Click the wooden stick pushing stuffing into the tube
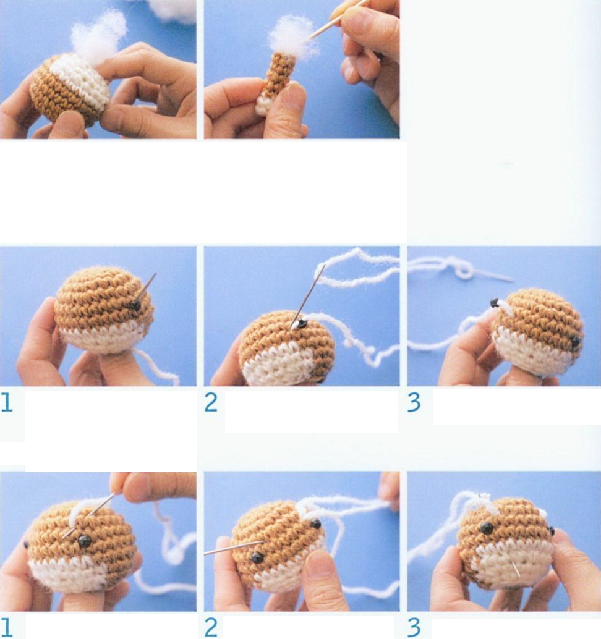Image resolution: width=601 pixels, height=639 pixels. pos(338,20)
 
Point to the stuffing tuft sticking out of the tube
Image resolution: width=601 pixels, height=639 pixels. pos(292,37)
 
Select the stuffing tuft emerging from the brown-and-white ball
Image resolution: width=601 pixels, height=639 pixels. pos(98,36)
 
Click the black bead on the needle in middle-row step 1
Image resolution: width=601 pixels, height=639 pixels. pos(136,305)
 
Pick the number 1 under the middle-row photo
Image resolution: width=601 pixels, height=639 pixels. pos(7,403)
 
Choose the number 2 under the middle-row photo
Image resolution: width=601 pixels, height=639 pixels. pos(211,403)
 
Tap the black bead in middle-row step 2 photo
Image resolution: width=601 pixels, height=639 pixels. pos(302,324)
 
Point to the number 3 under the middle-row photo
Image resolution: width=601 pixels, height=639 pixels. pos(414,403)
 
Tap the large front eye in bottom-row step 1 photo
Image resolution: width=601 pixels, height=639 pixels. pos(85,541)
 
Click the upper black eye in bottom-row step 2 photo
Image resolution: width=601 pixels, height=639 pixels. pos(315,523)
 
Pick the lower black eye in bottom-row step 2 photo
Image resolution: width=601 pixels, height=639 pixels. pos(257,557)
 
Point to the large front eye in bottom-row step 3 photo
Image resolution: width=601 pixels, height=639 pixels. pos(487,528)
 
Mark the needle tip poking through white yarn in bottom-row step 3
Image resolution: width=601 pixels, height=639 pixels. pos(516,569)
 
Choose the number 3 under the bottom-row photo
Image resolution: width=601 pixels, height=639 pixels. pos(414,628)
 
